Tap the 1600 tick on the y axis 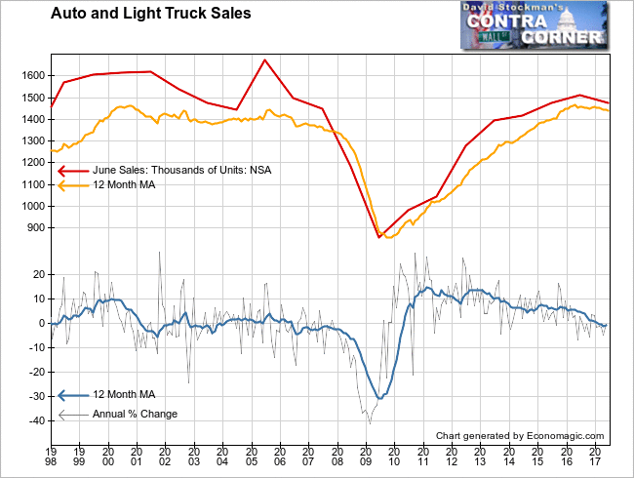point(32,75)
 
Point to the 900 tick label point(35,228)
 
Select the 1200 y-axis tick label point(32,163)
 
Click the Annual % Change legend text point(135,414)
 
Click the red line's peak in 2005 point(264,60)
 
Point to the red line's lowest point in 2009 point(379,237)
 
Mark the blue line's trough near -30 point(379,397)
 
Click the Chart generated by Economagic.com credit point(520,436)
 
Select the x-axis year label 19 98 point(52,457)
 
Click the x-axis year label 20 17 point(594,457)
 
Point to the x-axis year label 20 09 point(366,457)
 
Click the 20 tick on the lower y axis point(38,275)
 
